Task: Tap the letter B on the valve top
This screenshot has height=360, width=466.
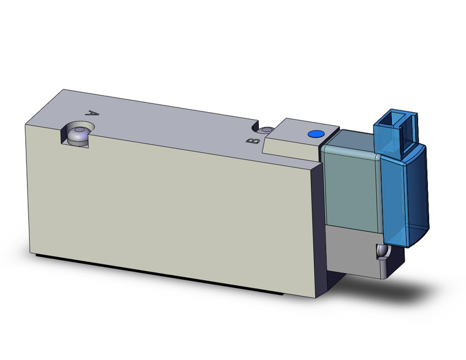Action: click(250, 141)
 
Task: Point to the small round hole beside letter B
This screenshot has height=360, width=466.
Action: click(266, 131)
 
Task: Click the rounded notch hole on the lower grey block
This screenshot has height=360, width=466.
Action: click(382, 252)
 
